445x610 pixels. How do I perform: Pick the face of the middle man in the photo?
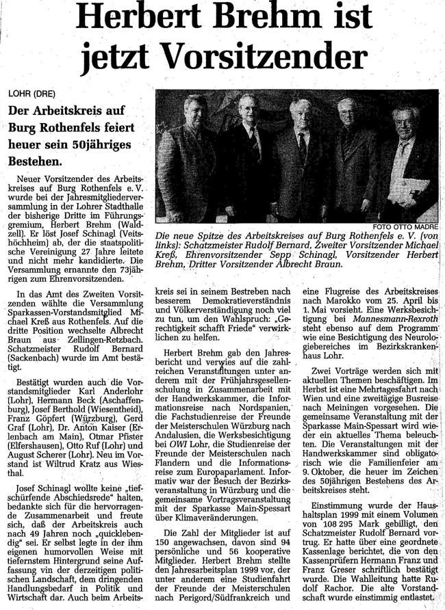(x=299, y=114)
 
